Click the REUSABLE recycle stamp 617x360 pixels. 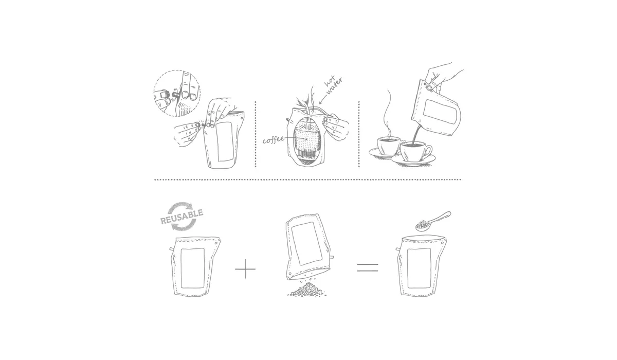(x=182, y=217)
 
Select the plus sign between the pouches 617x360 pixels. (x=245, y=268)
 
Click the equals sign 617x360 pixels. (x=368, y=267)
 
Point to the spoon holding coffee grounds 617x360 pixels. (x=432, y=221)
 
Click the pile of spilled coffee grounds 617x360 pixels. (x=307, y=290)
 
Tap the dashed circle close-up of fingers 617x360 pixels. (x=177, y=93)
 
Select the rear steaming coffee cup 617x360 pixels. (x=388, y=146)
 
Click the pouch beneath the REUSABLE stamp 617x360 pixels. (x=194, y=266)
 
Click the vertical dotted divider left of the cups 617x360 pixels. (x=359, y=134)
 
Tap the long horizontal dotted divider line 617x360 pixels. (x=307, y=179)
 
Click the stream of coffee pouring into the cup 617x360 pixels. (x=416, y=134)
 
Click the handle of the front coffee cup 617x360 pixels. (x=428, y=150)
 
